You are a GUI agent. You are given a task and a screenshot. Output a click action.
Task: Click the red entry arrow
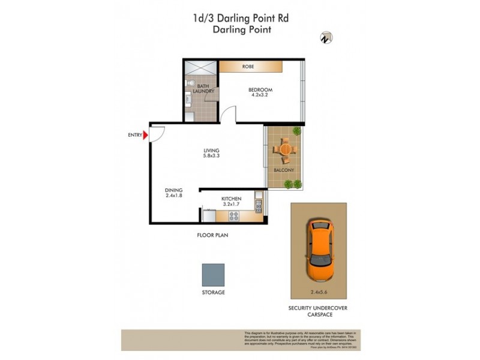[146, 135]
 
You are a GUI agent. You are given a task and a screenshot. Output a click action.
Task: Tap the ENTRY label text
[134, 135]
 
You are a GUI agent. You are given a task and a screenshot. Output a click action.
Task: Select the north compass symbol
[326, 37]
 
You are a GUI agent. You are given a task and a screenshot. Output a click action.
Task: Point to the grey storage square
[213, 275]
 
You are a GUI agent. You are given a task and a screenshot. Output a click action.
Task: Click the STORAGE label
[213, 293]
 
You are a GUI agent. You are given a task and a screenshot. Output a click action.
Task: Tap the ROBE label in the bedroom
[248, 67]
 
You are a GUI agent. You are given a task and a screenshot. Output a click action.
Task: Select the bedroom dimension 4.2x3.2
[260, 94]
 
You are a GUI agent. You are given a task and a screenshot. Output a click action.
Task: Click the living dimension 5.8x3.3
[211, 157]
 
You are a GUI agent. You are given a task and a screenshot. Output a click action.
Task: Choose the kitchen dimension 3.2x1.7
[231, 205]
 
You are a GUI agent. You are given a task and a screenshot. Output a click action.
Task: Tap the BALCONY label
[283, 170]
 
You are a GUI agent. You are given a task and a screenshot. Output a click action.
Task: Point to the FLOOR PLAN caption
[213, 236]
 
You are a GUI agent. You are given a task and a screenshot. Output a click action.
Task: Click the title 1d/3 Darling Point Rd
[240, 19]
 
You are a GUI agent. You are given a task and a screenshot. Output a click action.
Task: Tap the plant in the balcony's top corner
[295, 131]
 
